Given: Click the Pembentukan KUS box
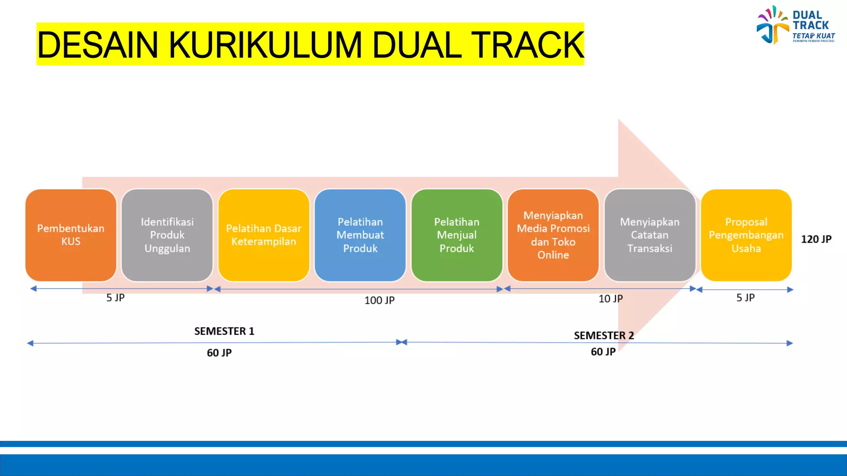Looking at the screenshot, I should [71, 235].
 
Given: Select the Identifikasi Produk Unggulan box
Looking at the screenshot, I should [167, 235].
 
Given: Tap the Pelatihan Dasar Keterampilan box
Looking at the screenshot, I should [264, 235].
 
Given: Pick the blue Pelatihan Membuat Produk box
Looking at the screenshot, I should [360, 235].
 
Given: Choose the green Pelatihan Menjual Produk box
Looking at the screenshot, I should [457, 235].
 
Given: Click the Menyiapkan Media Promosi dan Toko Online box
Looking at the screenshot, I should [553, 235].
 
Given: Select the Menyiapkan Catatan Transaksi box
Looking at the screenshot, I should [650, 235].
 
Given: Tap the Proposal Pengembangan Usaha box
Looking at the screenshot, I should [746, 235].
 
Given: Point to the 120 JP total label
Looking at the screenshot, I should [816, 239].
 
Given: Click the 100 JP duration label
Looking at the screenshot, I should [379, 300].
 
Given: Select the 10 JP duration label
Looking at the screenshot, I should [610, 299].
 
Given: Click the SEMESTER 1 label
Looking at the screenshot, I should [224, 331].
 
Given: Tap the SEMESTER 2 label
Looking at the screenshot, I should [604, 336].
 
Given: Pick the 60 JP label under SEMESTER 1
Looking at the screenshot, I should [219, 353].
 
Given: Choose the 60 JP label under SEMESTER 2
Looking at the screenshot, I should [603, 352].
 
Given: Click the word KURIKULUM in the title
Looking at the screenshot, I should [265, 45].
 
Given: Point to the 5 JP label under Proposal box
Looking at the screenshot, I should [745, 297].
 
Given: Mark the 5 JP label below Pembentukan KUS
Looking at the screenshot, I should [115, 297].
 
